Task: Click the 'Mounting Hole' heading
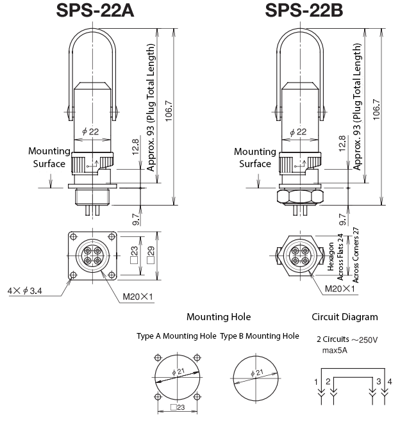pos(219,317)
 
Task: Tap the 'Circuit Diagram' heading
pos(344,317)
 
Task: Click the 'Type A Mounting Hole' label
pos(176,336)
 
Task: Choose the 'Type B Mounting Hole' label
pos(260,336)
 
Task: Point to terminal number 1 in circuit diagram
pos(316,382)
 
